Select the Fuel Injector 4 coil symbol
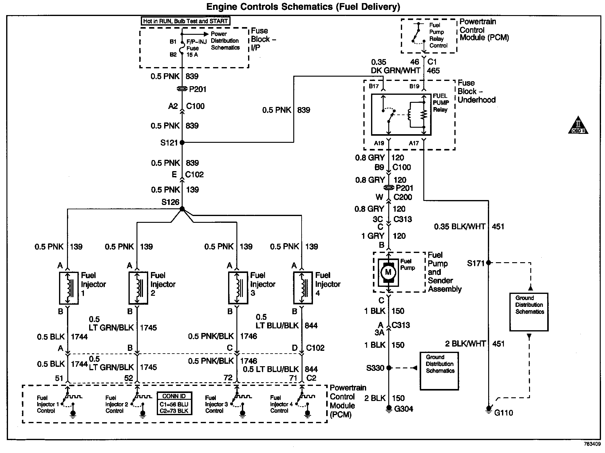[303, 288]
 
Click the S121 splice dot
[182, 142]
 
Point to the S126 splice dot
[182, 209]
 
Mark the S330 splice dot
[389, 368]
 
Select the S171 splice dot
[488, 263]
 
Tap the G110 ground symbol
[488, 409]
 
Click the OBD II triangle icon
[578, 125]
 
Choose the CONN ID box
[174, 403]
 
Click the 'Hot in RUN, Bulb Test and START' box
[185, 21]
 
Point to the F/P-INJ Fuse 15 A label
[196, 48]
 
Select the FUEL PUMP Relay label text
[441, 103]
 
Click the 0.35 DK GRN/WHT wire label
[395, 66]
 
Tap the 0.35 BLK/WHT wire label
[460, 227]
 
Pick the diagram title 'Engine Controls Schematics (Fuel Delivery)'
[303, 7]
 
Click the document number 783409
[592, 444]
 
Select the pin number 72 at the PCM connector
[228, 378]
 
